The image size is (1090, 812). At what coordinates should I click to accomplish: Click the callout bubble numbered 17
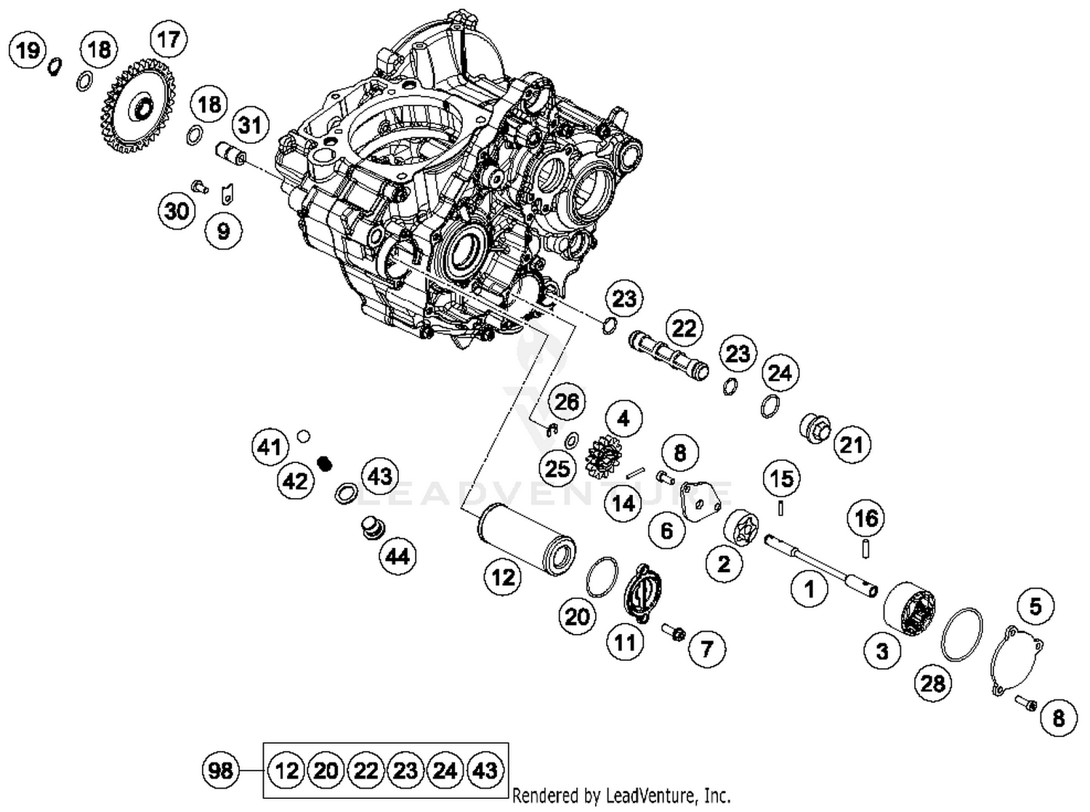[x=168, y=39]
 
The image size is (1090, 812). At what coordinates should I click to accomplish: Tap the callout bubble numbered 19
[x=28, y=51]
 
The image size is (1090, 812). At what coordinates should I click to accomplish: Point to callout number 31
[x=250, y=125]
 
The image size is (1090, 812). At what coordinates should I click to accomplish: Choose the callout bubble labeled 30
[x=177, y=212]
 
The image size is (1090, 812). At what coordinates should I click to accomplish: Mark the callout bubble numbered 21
[x=851, y=444]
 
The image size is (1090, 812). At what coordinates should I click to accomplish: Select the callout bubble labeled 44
[x=397, y=557]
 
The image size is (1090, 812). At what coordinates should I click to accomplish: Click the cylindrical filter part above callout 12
[x=525, y=539]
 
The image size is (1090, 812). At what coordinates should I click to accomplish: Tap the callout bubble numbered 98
[x=220, y=769]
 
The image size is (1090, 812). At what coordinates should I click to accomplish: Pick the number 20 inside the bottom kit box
[x=326, y=770]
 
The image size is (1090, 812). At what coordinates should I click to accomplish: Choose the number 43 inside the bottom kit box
[x=485, y=770]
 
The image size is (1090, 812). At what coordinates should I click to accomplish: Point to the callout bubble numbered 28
[x=932, y=683]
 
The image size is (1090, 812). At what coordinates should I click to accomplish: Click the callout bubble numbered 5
[x=1035, y=606]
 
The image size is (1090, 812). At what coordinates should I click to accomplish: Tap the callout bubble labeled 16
[x=866, y=518]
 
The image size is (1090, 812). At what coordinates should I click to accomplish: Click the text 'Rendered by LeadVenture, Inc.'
[x=621, y=795]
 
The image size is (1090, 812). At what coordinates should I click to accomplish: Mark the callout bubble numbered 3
[x=882, y=651]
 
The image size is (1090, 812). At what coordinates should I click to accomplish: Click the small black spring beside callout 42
[x=326, y=462]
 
